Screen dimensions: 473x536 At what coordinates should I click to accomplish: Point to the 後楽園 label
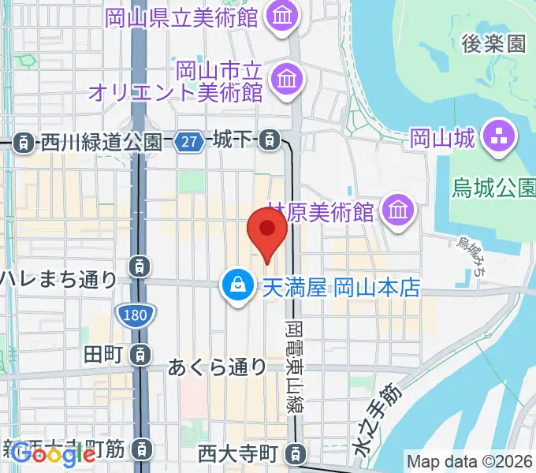(x=494, y=43)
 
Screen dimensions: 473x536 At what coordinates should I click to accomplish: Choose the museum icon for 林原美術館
(x=397, y=210)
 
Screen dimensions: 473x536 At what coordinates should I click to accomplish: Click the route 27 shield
(x=189, y=140)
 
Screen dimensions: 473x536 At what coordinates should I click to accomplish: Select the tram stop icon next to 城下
(x=270, y=141)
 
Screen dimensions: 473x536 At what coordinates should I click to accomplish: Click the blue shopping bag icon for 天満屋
(x=236, y=285)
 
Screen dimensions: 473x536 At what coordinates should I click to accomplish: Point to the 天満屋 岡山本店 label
(x=340, y=286)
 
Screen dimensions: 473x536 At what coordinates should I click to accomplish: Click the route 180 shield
(x=134, y=315)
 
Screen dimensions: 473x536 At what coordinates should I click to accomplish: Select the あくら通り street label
(x=218, y=367)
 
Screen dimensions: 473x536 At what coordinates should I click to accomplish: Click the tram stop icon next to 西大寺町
(x=295, y=453)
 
